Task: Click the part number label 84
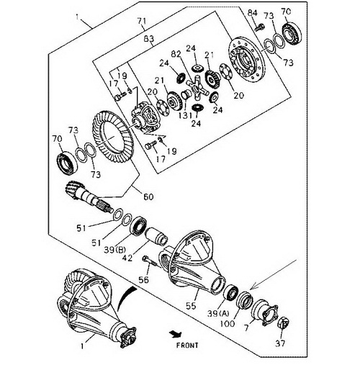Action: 252,13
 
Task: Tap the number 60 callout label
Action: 148,197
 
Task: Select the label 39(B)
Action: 115,250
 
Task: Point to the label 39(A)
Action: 219,313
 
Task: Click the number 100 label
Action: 228,324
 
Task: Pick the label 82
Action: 176,54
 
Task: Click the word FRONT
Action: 187,346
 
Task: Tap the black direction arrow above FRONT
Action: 176,334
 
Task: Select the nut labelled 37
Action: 284,323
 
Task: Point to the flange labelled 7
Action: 265,312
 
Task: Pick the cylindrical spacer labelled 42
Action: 156,236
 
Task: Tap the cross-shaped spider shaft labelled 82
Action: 197,88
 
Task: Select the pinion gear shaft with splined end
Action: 89,197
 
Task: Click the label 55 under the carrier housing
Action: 191,306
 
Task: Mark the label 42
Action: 127,258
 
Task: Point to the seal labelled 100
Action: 244,299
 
